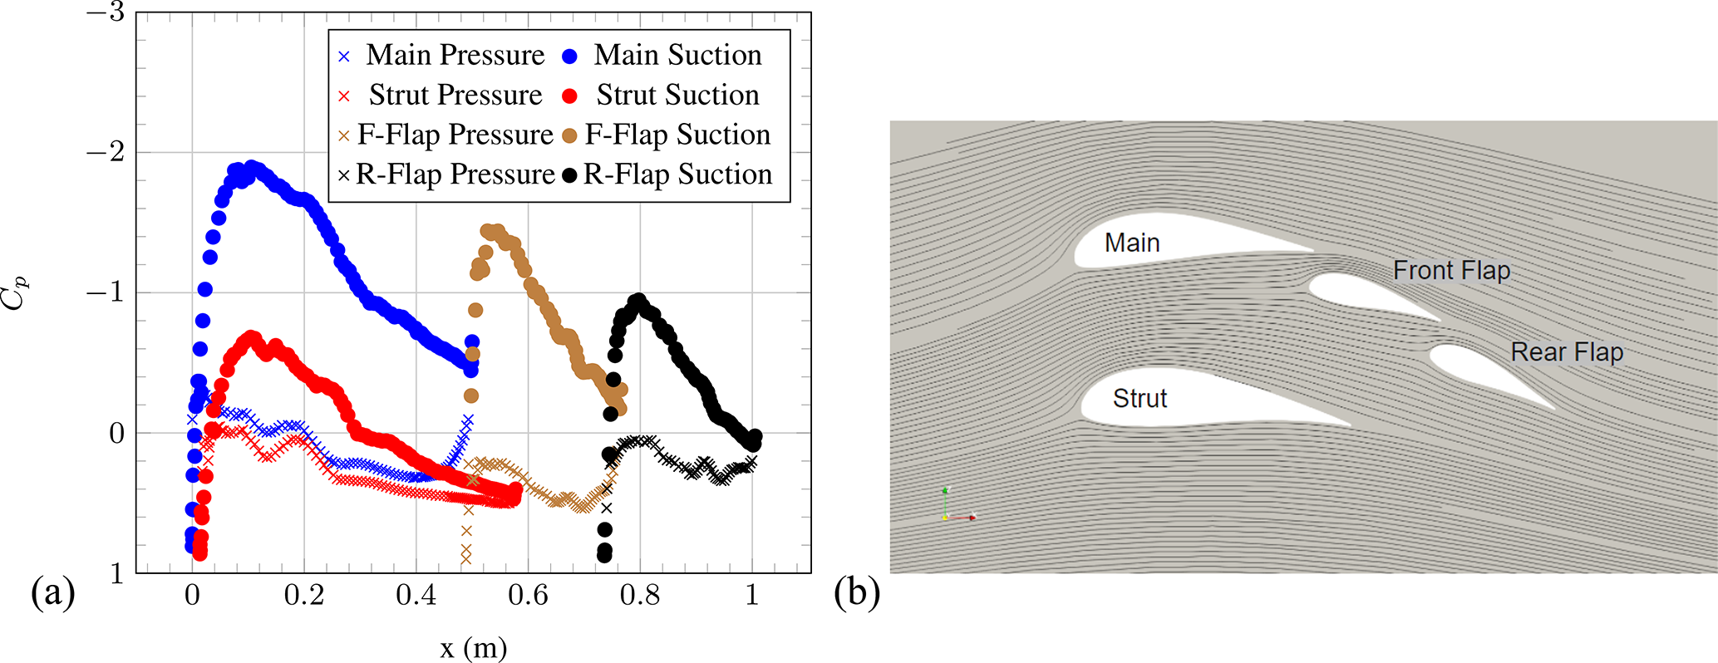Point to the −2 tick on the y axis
106,152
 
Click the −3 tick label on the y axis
106,12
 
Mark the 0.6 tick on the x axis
529,595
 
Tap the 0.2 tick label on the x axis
304,595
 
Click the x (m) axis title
473,648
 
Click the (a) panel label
52,593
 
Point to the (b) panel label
856,593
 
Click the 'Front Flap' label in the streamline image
1451,271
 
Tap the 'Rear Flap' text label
1567,352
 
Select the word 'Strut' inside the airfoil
1140,399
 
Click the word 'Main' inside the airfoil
1132,243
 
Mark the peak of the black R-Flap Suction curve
638,301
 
